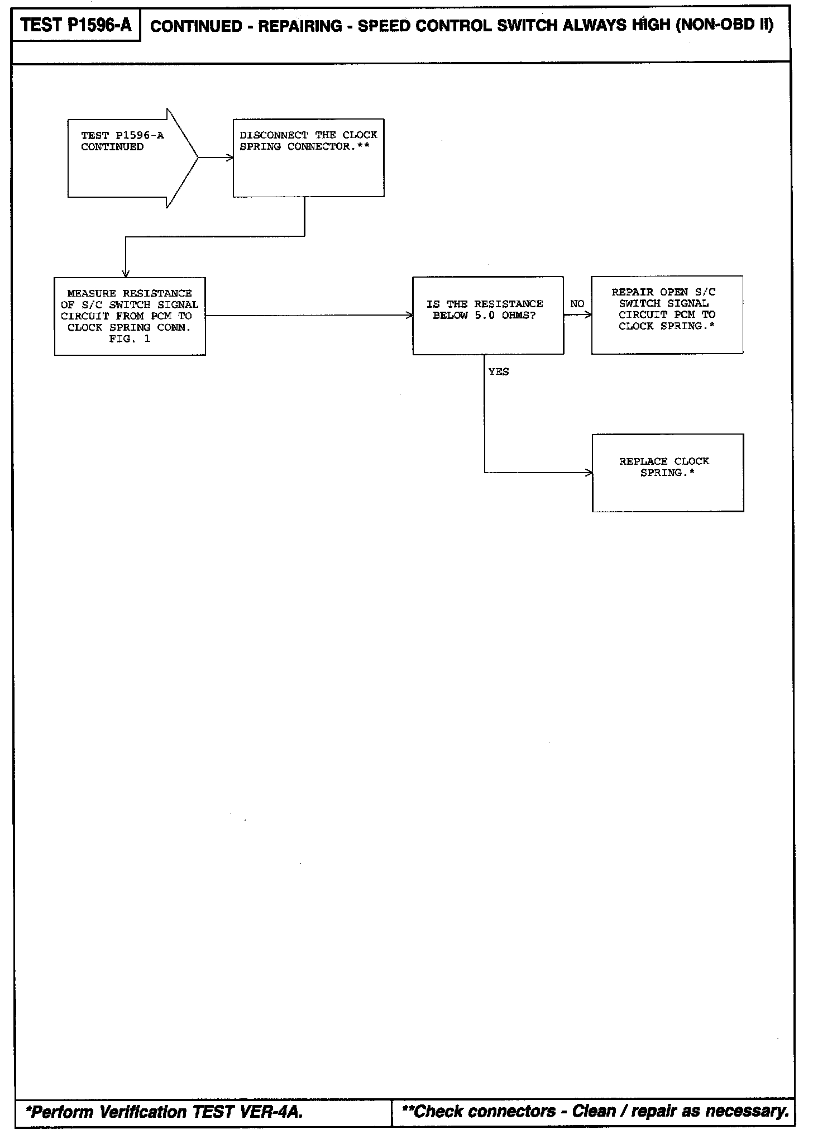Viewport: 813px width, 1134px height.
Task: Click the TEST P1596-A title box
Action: click(76, 26)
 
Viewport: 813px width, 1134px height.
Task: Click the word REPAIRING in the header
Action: click(300, 26)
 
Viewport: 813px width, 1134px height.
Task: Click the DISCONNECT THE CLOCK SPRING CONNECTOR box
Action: click(308, 158)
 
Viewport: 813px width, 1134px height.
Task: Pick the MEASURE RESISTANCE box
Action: click(130, 316)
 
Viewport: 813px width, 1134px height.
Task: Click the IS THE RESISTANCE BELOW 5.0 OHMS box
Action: click(488, 315)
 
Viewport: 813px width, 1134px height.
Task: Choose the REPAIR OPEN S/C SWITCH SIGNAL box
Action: click(667, 315)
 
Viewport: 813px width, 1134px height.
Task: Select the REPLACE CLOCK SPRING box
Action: click(667, 473)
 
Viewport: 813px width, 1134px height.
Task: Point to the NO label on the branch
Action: click(577, 304)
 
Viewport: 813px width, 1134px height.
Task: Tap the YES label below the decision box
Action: click(499, 372)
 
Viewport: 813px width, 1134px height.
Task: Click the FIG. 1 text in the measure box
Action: click(130, 339)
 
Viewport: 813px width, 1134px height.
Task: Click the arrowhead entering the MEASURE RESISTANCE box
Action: click(126, 273)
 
